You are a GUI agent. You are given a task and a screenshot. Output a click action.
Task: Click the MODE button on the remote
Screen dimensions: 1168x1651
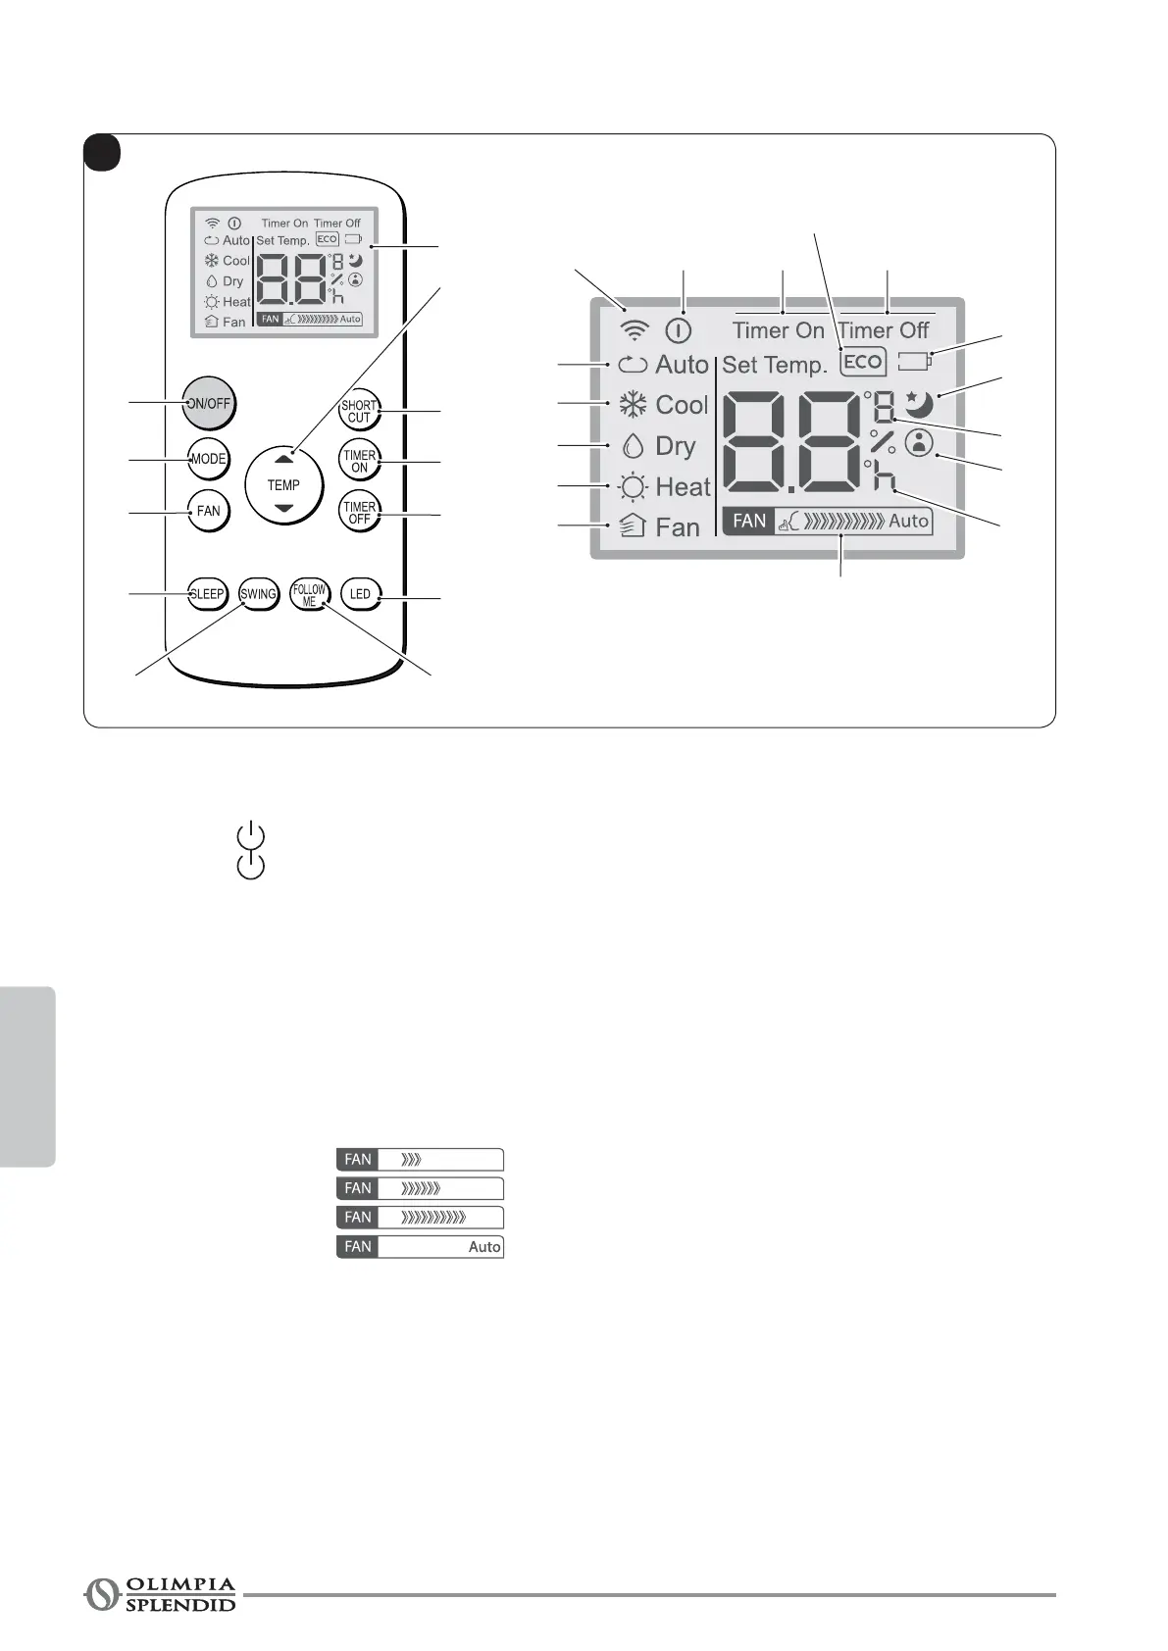tap(208, 459)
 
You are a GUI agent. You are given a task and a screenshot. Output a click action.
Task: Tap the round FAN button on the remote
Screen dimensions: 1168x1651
tap(208, 511)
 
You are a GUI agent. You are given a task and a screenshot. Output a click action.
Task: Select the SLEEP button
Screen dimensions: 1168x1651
tap(207, 594)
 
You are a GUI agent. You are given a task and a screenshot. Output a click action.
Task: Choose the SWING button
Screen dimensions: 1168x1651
tap(258, 594)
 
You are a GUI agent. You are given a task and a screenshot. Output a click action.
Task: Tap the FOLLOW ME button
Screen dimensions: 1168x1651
tap(309, 595)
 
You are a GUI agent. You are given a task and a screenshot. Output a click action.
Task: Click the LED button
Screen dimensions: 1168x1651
tap(360, 594)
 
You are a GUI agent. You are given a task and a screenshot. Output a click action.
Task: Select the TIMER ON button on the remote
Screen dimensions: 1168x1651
tap(359, 461)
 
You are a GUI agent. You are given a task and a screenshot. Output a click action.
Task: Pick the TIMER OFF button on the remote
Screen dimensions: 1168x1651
tap(359, 513)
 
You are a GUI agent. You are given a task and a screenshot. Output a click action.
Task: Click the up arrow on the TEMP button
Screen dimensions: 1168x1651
tap(283, 459)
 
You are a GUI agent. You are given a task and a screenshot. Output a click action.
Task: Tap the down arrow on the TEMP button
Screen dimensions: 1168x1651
tap(283, 508)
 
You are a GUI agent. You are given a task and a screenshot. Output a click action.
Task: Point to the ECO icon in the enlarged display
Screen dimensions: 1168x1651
tap(863, 362)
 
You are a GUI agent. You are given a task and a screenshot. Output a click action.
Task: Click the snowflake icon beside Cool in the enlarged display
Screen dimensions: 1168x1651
tap(633, 405)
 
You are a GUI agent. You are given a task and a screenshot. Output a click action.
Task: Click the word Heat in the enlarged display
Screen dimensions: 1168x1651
tap(683, 486)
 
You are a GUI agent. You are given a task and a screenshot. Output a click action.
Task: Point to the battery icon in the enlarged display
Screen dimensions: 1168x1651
tap(915, 362)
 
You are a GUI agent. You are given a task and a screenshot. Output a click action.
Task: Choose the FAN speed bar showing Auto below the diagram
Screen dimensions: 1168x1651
tap(420, 1247)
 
